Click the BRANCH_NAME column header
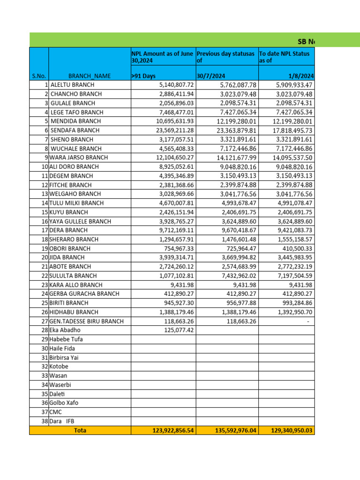click(x=89, y=76)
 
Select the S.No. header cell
click(x=38, y=76)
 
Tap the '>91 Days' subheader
click(x=143, y=76)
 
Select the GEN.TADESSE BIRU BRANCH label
click(x=86, y=321)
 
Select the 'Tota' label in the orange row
click(x=80, y=430)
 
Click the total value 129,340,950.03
click(x=291, y=430)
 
